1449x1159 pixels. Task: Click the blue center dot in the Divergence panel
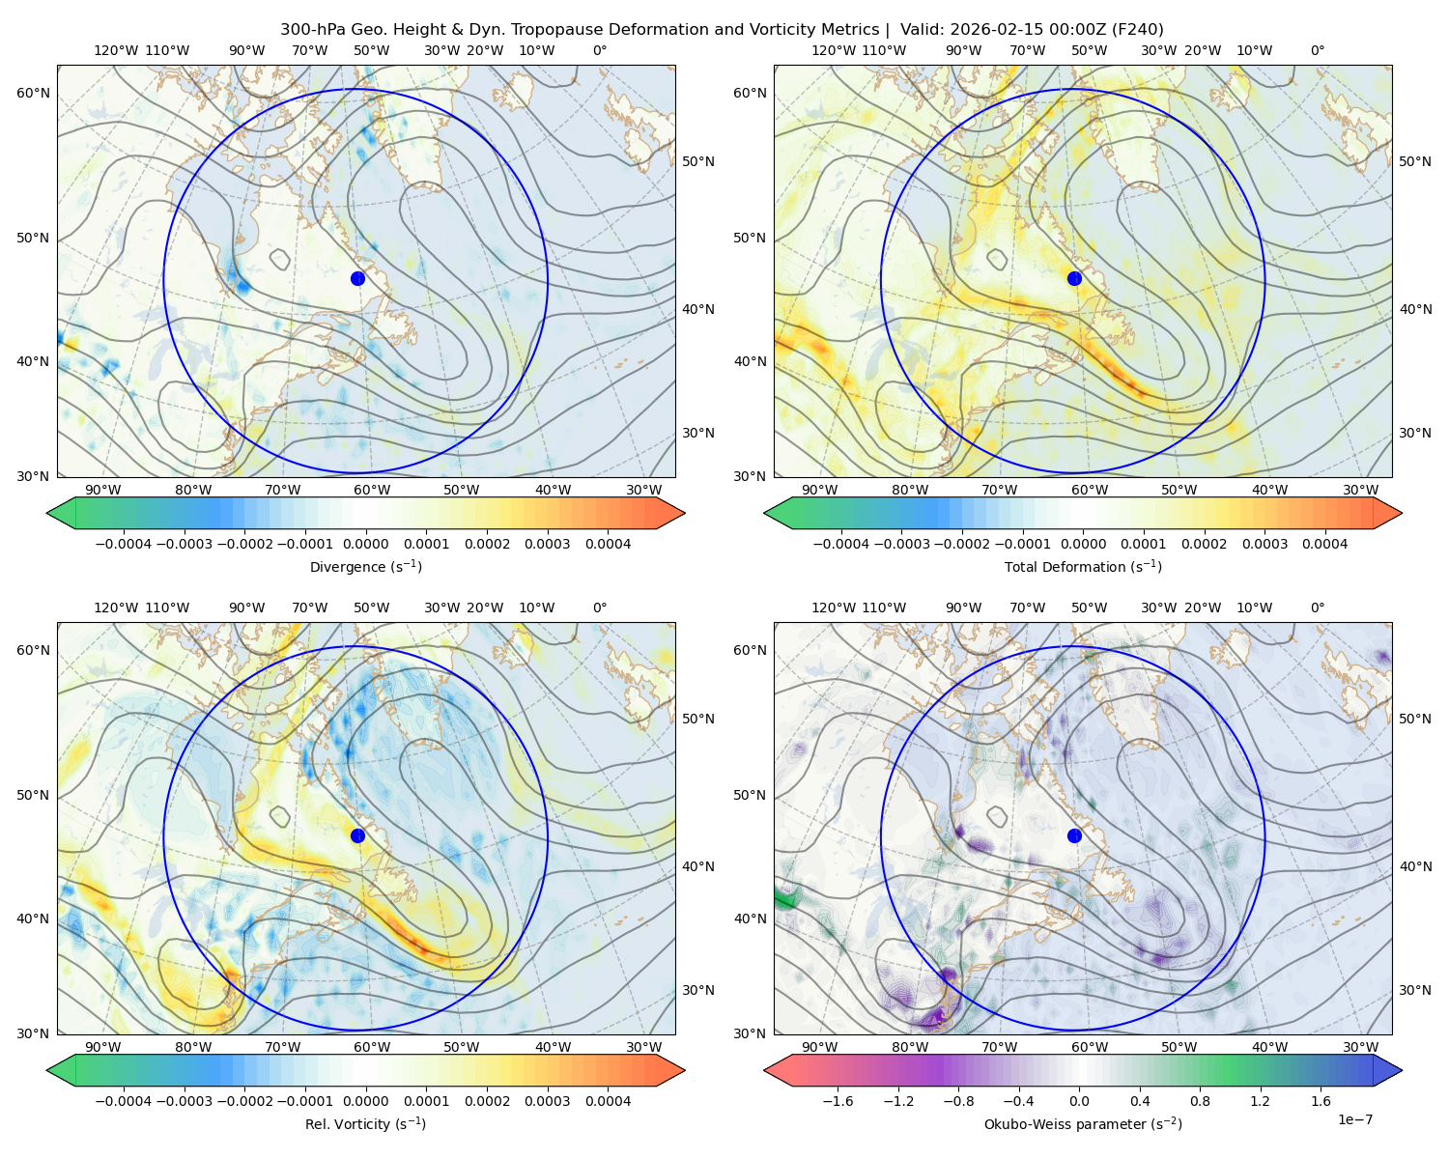tap(357, 278)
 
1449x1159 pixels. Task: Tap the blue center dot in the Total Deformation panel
tap(1074, 278)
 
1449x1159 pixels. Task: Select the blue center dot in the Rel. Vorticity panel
tap(357, 835)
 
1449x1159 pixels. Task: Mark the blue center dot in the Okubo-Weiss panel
tap(1074, 835)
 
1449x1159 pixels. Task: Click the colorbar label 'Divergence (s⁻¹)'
tap(365, 566)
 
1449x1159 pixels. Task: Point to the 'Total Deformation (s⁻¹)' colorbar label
tap(1083, 566)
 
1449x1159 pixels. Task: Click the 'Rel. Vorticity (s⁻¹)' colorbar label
tap(365, 1123)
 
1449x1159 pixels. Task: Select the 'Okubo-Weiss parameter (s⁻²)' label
tap(1083, 1123)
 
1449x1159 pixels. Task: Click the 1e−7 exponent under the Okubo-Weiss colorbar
tap(1355, 1119)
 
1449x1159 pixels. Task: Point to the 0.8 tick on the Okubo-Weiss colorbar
tap(1200, 1101)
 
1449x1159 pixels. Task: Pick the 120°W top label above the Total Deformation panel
tap(833, 50)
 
